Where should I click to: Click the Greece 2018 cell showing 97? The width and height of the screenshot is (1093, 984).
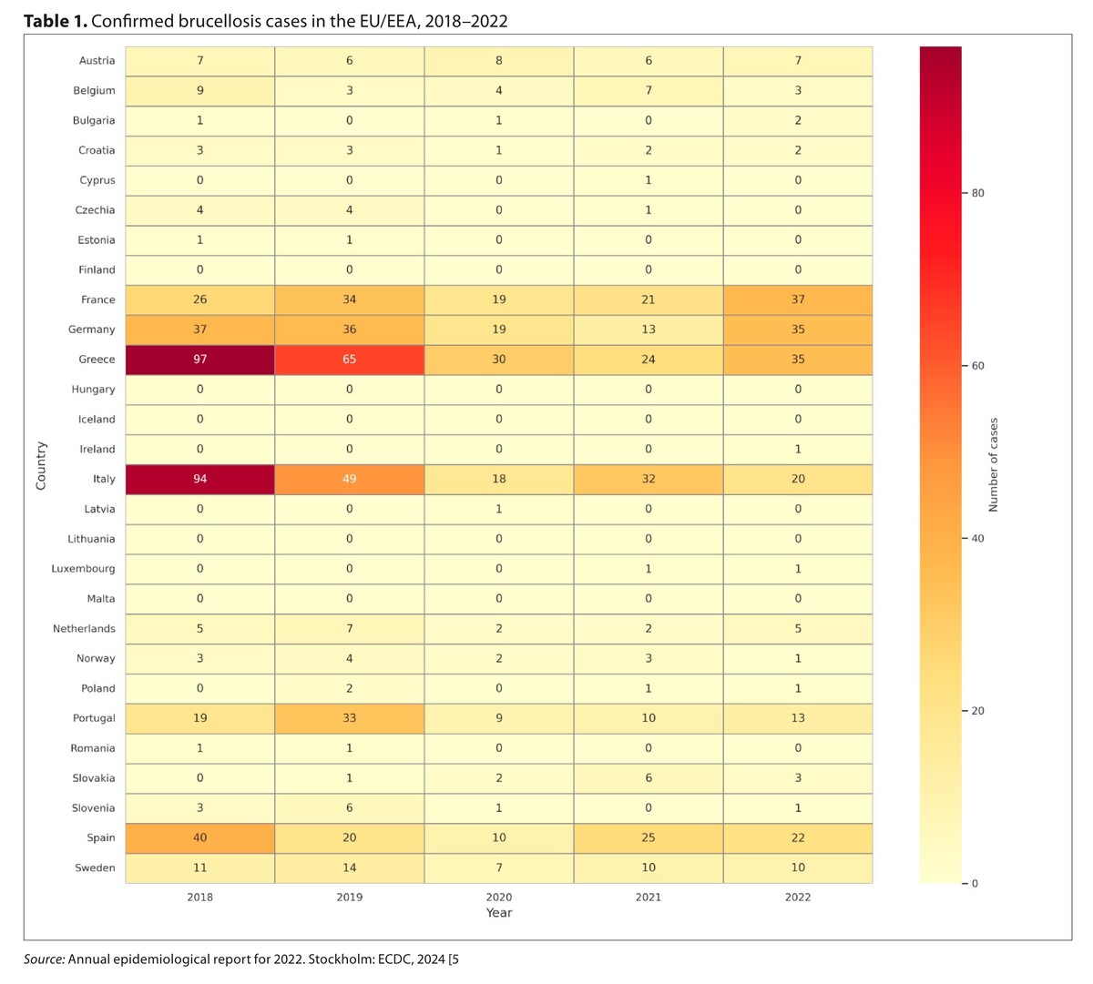pyautogui.click(x=199, y=360)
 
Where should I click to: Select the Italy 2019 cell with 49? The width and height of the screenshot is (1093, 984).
pyautogui.click(x=349, y=479)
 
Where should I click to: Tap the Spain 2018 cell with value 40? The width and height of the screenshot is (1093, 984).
pyautogui.click(x=199, y=837)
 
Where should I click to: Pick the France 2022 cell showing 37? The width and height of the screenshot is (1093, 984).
pyautogui.click(x=798, y=299)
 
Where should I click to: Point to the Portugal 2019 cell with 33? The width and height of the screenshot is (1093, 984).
pyautogui.click(x=349, y=718)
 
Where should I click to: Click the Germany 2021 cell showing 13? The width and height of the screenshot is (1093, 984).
pyautogui.click(x=649, y=330)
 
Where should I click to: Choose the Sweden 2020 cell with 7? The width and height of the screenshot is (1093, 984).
pyautogui.click(x=499, y=867)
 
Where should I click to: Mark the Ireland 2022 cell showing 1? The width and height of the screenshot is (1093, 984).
pyautogui.click(x=798, y=449)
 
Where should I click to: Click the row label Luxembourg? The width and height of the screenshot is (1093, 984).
pyautogui.click(x=84, y=569)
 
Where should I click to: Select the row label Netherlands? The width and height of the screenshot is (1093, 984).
pyautogui.click(x=84, y=629)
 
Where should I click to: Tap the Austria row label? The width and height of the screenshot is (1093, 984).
pyautogui.click(x=97, y=61)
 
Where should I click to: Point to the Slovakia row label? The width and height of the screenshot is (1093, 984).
pyautogui.click(x=94, y=778)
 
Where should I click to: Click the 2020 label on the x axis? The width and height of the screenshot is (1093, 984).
pyautogui.click(x=499, y=897)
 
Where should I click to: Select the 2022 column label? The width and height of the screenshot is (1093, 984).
pyautogui.click(x=798, y=897)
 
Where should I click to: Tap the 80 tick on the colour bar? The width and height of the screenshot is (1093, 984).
pyautogui.click(x=977, y=193)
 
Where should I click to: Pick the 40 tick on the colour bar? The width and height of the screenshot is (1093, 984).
pyautogui.click(x=977, y=539)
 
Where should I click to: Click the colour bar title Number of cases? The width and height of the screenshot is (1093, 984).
pyautogui.click(x=994, y=464)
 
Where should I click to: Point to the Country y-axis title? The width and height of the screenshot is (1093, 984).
pyautogui.click(x=41, y=465)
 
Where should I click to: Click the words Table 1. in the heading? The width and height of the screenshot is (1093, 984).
pyautogui.click(x=56, y=21)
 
